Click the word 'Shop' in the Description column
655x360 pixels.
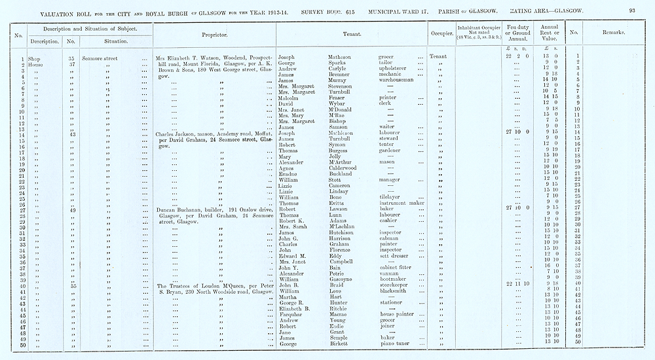click(35, 58)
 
